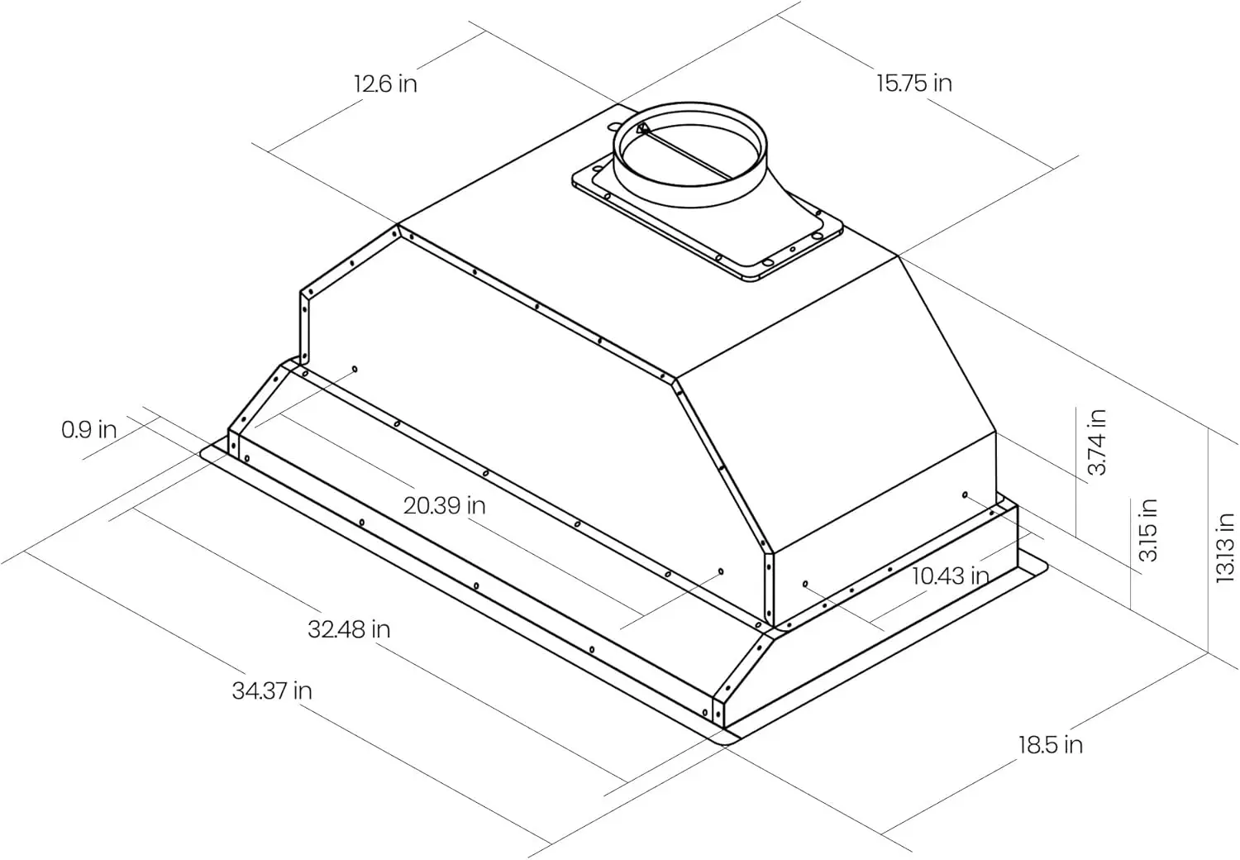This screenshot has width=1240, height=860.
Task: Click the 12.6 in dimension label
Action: pyautogui.click(x=385, y=84)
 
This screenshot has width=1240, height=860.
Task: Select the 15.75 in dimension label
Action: pyautogui.click(x=914, y=83)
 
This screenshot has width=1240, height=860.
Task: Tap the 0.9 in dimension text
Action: pyautogui.click(x=88, y=429)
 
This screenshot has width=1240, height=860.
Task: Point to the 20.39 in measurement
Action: pyautogui.click(x=444, y=504)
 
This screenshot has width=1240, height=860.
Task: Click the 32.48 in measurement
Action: pyautogui.click(x=349, y=629)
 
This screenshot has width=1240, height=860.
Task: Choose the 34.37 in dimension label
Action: pyautogui.click(x=272, y=690)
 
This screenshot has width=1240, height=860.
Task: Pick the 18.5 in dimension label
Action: pyautogui.click(x=1050, y=745)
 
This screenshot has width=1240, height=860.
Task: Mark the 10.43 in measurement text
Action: pyautogui.click(x=950, y=576)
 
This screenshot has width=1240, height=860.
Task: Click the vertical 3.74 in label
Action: pyautogui.click(x=1096, y=442)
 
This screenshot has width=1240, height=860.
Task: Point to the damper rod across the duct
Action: pyautogui.click(x=686, y=154)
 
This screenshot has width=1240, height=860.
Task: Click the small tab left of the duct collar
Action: pyautogui.click(x=616, y=123)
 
